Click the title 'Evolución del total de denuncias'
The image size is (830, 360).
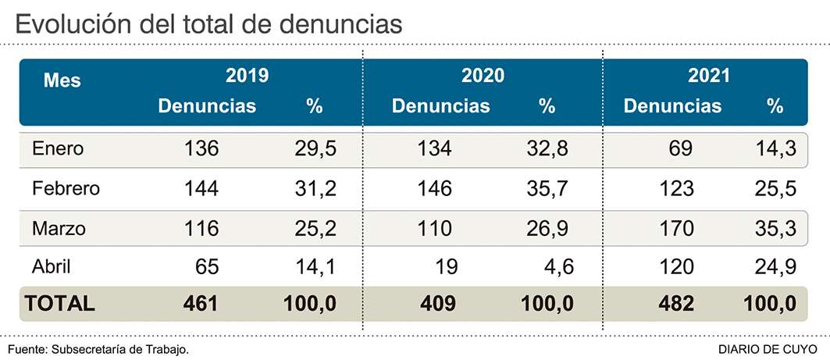208,24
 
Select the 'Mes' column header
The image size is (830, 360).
62,80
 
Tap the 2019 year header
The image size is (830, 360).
247,77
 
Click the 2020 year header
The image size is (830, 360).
483,77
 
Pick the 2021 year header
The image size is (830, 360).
709,77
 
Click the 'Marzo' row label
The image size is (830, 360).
59,229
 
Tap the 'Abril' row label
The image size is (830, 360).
52,267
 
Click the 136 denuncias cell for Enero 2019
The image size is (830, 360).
201,148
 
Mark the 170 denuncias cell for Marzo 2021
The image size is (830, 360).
675,229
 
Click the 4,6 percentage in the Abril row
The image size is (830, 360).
560,267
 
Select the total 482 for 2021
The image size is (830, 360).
675,304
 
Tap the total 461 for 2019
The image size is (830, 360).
201,304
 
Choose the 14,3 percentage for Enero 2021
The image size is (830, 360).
778,148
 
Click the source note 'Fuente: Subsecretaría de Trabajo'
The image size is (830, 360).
98,348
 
